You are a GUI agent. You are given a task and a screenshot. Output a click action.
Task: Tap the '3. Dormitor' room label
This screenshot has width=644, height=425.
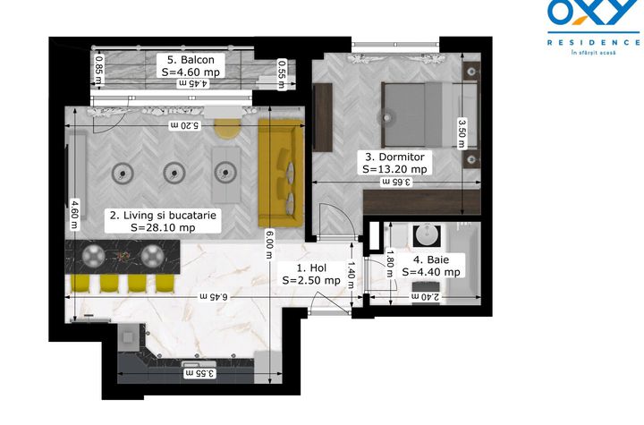tap(394, 157)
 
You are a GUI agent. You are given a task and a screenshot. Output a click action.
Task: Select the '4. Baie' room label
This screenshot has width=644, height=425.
tap(431, 259)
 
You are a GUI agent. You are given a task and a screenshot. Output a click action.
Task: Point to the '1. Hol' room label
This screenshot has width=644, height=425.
tap(311, 268)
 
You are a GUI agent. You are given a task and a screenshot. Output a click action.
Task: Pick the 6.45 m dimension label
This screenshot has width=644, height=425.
tap(214, 296)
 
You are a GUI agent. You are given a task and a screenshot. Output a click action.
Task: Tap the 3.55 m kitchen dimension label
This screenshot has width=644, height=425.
tap(200, 373)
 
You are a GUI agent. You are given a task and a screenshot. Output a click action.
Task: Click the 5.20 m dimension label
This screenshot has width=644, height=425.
tap(184, 125)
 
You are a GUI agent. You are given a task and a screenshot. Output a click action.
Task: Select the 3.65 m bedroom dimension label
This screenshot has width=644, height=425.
tap(396, 182)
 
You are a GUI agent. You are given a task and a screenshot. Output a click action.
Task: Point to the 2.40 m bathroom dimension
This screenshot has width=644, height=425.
tap(425, 296)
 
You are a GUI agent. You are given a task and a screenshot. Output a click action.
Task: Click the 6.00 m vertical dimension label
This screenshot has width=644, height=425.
tap(269, 244)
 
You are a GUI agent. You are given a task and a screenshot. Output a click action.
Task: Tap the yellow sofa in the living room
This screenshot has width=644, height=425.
tap(282, 173)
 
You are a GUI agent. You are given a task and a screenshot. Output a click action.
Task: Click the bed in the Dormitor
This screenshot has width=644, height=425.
tap(429, 115)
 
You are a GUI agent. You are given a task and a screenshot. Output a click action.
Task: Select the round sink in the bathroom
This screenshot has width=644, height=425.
tap(427, 235)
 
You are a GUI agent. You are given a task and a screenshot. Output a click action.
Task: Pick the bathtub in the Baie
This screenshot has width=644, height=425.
tap(464, 263)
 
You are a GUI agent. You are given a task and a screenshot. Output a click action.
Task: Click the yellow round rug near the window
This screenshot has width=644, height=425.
tap(227, 128)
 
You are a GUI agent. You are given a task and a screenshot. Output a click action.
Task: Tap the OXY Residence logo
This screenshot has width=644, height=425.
tap(594, 27)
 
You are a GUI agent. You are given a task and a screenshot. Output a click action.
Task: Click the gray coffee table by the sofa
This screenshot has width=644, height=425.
tap(226, 174)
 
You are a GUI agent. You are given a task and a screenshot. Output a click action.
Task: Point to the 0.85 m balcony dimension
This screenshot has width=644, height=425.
tap(98, 67)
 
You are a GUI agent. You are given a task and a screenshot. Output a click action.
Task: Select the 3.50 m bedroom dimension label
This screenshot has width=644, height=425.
tap(462, 133)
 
